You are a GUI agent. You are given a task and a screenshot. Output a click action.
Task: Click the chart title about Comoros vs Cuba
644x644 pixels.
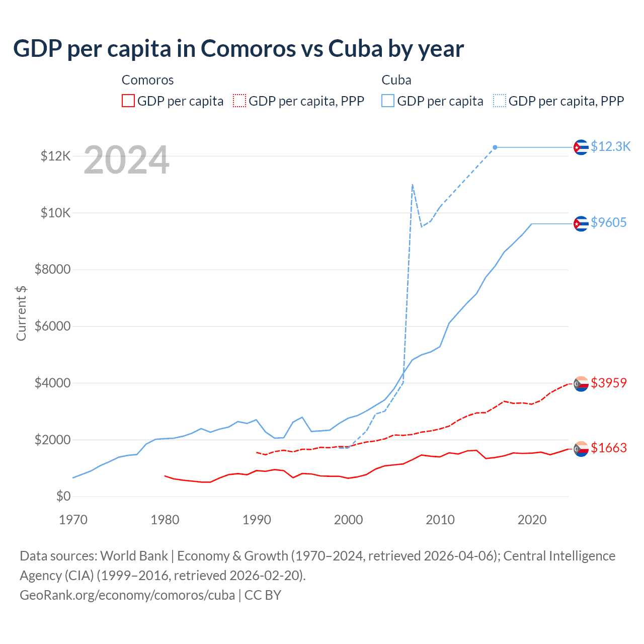[x=238, y=49]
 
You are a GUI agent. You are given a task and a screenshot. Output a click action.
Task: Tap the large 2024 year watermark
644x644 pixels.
[x=126, y=160]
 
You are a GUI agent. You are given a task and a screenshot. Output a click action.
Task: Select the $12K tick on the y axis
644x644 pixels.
[x=55, y=156]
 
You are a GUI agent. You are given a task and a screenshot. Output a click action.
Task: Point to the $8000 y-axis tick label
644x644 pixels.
[x=52, y=270]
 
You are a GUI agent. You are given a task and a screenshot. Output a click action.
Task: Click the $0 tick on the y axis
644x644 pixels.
[x=63, y=497]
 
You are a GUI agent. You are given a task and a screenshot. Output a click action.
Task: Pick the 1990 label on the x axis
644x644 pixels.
[x=257, y=520]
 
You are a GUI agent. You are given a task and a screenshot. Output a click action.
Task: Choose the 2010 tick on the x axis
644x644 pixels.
[x=440, y=520]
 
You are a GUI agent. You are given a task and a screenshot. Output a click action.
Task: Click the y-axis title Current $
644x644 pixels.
[x=21, y=313]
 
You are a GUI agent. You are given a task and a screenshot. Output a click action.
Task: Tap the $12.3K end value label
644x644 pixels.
[x=610, y=146]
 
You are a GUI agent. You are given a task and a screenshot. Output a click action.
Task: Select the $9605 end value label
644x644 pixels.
[x=608, y=222]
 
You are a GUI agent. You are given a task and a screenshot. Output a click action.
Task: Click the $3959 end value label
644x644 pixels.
[x=608, y=383]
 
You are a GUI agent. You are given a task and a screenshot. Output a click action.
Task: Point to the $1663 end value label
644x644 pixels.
[x=608, y=448]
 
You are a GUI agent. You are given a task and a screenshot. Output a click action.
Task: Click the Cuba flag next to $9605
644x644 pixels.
[x=581, y=223]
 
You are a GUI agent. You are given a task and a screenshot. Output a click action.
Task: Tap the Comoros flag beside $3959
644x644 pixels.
[x=581, y=384]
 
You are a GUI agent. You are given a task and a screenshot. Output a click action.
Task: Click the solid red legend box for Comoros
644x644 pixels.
[x=128, y=101]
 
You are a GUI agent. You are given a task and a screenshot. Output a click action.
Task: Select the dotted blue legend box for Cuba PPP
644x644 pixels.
[x=500, y=101]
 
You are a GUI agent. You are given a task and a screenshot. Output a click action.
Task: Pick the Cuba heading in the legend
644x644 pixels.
[x=396, y=80]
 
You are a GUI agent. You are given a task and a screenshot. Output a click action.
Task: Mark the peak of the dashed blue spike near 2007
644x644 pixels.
[x=413, y=185]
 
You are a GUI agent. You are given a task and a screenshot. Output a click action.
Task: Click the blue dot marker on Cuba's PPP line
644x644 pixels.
[x=495, y=147]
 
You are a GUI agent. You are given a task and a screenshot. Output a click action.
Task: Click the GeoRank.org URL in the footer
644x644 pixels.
[x=127, y=595]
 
